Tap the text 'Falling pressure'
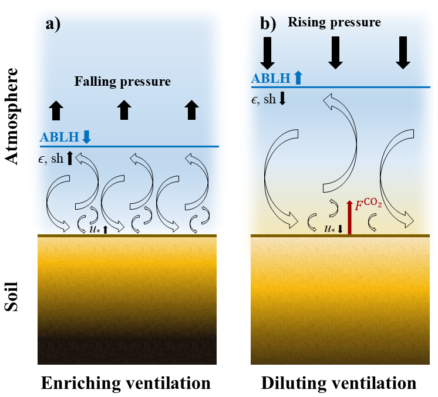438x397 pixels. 122,81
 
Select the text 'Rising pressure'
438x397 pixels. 334,22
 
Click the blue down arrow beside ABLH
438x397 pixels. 87,137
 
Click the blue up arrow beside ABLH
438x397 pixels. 298,77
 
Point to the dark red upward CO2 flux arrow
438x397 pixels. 349,217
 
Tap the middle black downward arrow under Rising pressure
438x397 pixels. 336,52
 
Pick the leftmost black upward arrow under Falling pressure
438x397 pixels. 56,110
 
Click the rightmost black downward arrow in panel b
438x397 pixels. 403,52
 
